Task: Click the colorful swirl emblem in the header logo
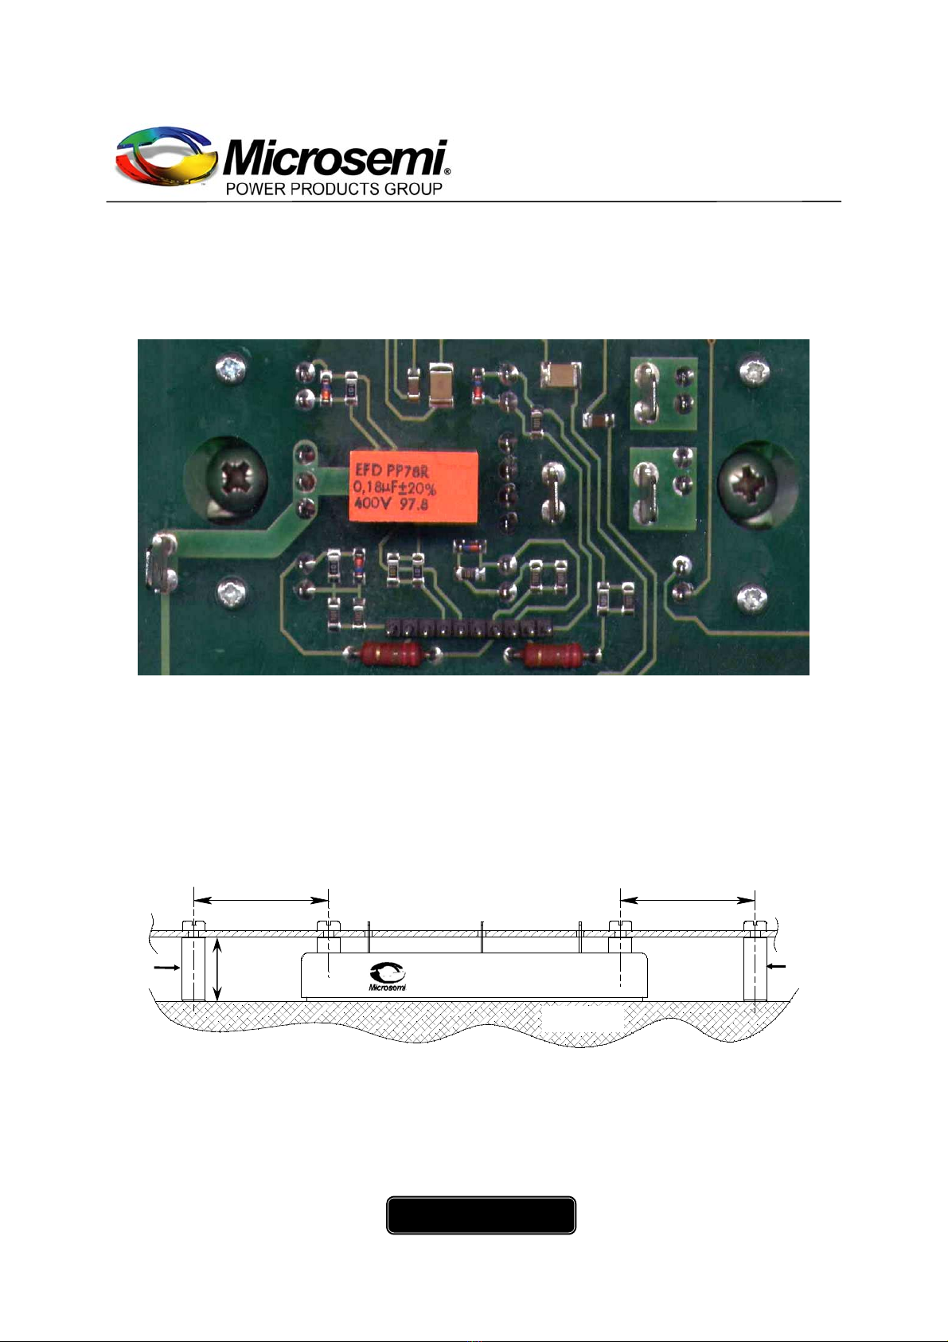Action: point(166,156)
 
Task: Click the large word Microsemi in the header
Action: point(335,158)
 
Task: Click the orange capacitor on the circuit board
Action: point(413,487)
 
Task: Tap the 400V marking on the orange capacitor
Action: point(373,503)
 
